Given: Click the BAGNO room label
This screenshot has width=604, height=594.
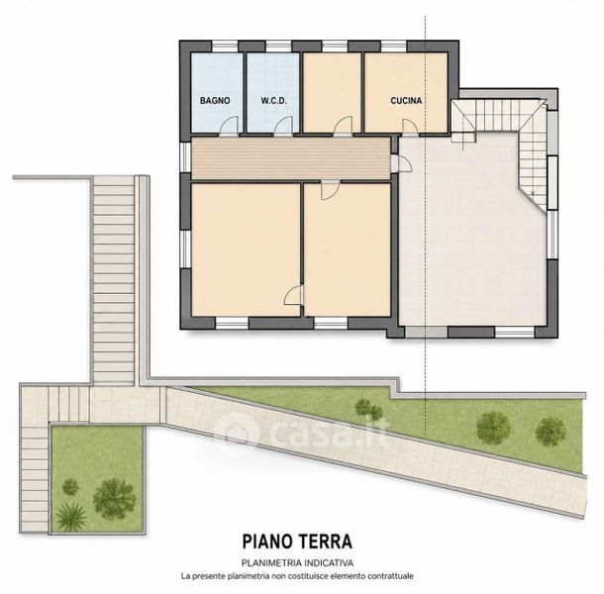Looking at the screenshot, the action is tap(215, 101).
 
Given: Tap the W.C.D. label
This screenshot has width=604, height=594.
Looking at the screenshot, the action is tap(273, 101).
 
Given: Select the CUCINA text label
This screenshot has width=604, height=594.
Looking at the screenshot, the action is tap(406, 101).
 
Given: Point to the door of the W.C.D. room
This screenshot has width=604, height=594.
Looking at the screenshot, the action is tap(284, 125).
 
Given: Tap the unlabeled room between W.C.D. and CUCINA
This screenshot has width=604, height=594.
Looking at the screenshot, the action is tap(332, 92).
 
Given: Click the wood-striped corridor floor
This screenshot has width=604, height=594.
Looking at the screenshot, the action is tap(291, 158).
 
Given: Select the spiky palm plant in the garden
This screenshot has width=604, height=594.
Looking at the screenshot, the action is tap(71, 516).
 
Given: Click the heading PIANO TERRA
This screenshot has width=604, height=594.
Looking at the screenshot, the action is tap(297, 542).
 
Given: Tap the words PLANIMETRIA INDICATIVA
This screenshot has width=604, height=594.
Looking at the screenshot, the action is tap(297, 562).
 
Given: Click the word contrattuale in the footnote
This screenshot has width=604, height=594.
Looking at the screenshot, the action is tap(390, 576).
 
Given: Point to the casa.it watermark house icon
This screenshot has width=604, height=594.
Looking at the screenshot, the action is tap(236, 430).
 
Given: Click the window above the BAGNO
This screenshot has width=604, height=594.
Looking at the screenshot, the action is tap(225, 47).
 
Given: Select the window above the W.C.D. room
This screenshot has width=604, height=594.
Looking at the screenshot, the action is tap(278, 47).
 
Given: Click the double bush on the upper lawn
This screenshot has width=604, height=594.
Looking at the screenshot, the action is tap(368, 410).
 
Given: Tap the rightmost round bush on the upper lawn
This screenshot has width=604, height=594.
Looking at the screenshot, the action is tap(551, 432).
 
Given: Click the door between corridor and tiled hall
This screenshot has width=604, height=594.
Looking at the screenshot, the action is tap(402, 163).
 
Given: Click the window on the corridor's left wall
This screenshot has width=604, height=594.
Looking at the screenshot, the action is tap(186, 156).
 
